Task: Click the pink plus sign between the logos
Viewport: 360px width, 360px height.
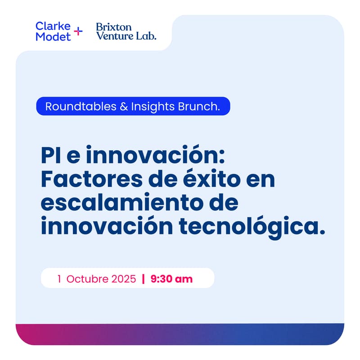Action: (78, 31)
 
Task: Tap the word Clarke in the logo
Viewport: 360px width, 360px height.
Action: (53, 26)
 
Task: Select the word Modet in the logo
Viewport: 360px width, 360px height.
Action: (53, 36)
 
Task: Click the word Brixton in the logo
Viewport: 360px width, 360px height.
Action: (111, 27)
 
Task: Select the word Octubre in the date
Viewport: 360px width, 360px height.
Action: (87, 279)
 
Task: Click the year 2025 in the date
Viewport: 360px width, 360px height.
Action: (124, 279)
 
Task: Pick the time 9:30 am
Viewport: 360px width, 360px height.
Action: (171, 279)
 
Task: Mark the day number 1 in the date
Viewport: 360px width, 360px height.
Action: (59, 279)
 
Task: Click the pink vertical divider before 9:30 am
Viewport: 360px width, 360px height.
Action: (143, 279)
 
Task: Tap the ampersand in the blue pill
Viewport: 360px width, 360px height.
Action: (123, 107)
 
